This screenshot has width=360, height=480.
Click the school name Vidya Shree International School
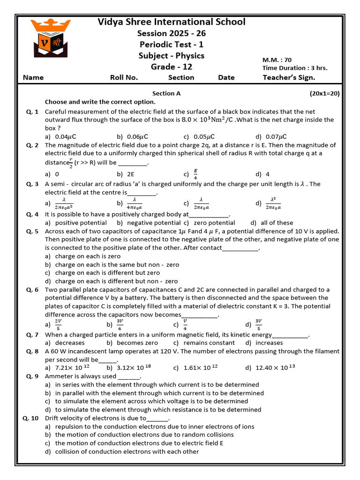[172, 22]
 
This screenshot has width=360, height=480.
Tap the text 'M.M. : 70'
[277, 60]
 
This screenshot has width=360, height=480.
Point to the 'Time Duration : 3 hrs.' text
[294, 68]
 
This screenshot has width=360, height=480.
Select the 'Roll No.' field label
[124, 78]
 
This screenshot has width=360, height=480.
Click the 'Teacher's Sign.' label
[289, 78]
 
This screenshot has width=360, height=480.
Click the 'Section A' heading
[166, 93]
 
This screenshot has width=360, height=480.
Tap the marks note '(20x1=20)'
[324, 93]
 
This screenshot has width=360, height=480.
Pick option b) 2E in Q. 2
[126, 174]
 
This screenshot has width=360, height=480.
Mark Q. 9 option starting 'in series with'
[157, 384]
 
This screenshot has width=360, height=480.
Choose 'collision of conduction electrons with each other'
[127, 451]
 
